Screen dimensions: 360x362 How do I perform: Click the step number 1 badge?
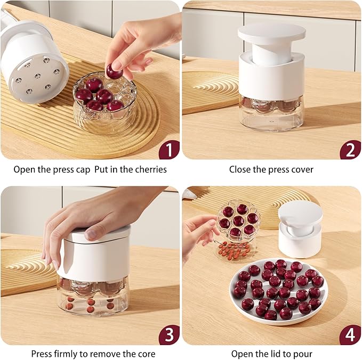(x=168, y=149)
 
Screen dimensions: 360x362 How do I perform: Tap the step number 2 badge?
(x=350, y=149)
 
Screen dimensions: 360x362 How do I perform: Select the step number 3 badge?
(x=168, y=335)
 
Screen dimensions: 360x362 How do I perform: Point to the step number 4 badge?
(x=350, y=335)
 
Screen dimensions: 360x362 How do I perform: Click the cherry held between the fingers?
(x=114, y=71)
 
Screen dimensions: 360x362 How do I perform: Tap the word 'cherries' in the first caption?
(x=150, y=169)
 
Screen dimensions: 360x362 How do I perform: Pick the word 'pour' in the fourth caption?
(x=302, y=354)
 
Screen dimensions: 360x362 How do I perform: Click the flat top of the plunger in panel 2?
(x=271, y=32)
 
